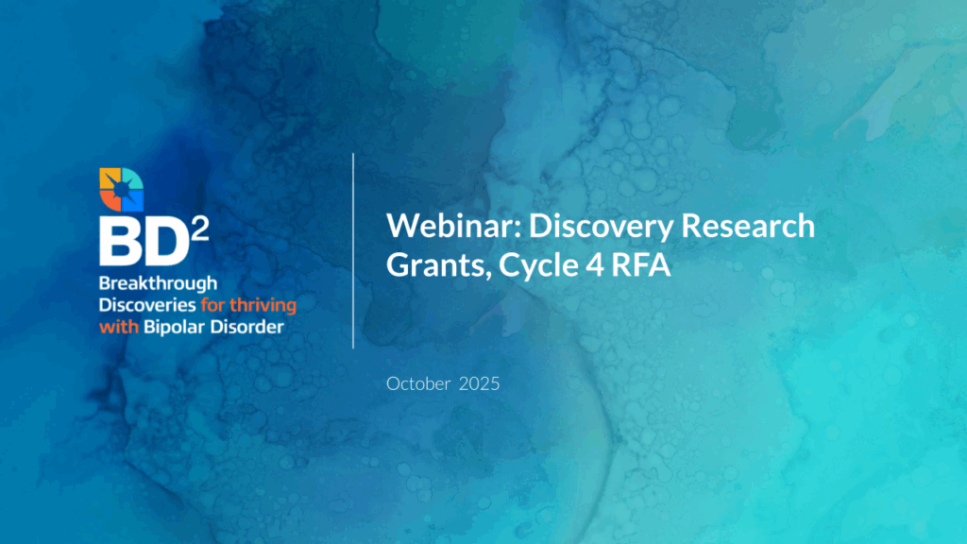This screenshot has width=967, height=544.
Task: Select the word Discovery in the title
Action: pos(602,228)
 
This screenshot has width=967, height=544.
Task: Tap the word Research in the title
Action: pos(748,226)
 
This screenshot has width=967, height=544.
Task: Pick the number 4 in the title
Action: pos(595,265)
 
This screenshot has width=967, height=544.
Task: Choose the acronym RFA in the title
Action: pos(641,265)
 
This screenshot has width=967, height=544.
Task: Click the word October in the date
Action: pos(418,383)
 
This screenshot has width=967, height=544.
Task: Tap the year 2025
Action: pos(479,383)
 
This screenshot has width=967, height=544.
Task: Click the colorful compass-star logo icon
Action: pos(122,189)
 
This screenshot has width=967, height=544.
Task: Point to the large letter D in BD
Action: pos(167,243)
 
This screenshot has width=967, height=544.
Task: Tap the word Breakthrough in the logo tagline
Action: pos(158,283)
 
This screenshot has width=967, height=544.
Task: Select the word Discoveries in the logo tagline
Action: pos(147,305)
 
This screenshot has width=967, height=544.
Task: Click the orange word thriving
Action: pos(263,306)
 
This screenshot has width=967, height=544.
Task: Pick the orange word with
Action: pos(119,327)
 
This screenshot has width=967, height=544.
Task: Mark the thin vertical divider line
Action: pos(353,251)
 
